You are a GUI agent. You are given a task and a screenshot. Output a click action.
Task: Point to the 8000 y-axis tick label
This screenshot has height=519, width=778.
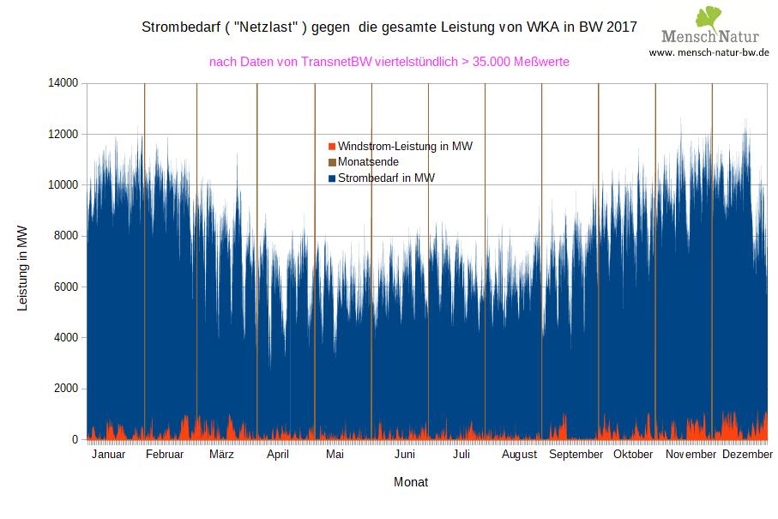tap(64, 236)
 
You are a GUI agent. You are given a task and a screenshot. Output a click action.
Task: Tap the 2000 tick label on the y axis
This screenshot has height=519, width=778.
tap(64, 389)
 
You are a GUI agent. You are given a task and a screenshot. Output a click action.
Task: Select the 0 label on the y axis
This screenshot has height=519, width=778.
tap(75, 439)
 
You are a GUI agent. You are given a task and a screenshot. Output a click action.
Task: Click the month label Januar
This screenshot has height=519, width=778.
tap(108, 455)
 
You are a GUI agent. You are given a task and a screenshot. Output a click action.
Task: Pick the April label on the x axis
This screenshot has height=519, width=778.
tap(278, 455)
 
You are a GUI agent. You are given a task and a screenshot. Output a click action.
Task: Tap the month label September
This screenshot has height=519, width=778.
tap(576, 455)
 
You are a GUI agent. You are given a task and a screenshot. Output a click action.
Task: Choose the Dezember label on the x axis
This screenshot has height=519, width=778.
tap(747, 455)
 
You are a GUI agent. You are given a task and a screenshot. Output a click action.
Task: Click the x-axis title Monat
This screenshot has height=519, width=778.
tap(411, 482)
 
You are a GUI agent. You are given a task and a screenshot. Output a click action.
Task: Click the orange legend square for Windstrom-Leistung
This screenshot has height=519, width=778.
tap(332, 147)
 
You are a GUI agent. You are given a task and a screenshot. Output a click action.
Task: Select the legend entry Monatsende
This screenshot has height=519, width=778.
tap(369, 162)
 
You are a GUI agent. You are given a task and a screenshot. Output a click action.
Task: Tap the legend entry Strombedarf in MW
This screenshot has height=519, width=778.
tap(386, 178)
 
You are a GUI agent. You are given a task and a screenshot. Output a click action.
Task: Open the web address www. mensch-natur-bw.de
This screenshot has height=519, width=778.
tap(709, 52)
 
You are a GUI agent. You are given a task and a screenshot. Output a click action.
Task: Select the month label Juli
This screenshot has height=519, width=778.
tap(461, 455)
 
